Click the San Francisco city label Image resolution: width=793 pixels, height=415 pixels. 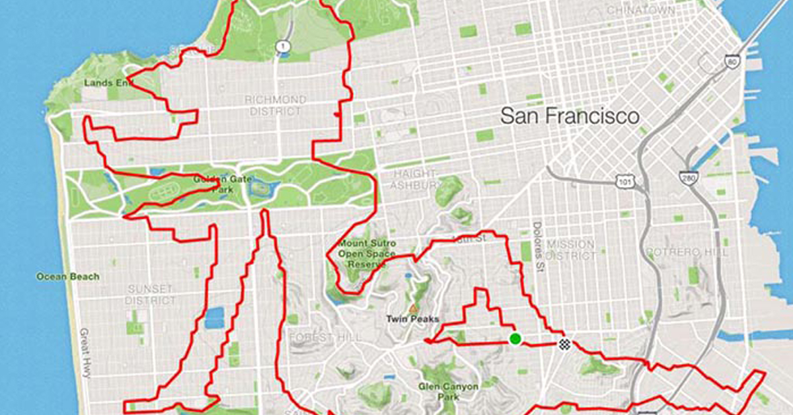pos(570,117)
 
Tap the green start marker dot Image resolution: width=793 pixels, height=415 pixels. pos(515,339)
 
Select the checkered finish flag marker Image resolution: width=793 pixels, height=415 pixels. pos(564,344)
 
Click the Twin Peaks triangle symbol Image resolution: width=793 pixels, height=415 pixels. pos(413,309)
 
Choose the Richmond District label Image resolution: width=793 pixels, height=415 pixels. pos(276,105)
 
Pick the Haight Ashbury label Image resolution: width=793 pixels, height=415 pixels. pos(414,179)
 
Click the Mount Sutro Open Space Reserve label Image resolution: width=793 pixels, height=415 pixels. pos(362,254)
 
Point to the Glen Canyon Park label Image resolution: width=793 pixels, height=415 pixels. pos(448,392)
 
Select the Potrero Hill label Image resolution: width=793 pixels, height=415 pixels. pos(687,252)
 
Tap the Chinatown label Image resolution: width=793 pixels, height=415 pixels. pos(640,11)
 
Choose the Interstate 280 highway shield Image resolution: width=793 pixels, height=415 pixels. pos(687,177)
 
